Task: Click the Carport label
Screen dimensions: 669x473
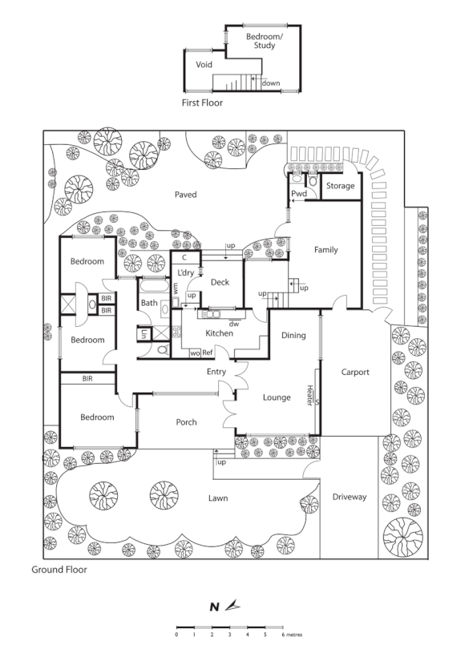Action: click(354, 372)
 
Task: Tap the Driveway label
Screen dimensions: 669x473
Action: click(350, 497)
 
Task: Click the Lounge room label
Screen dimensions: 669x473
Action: click(277, 397)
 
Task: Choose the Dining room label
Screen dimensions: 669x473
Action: click(293, 335)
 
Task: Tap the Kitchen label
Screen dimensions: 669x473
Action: click(219, 333)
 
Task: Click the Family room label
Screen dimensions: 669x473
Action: click(325, 250)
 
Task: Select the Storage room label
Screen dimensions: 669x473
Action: click(340, 186)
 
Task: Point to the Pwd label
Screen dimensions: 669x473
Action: click(299, 194)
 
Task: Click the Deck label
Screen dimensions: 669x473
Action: click(220, 282)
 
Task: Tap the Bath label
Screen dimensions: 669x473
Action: click(150, 303)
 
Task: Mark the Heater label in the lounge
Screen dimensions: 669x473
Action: click(309, 395)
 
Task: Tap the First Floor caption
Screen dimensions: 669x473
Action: click(202, 103)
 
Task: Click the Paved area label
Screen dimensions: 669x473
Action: click(185, 194)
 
